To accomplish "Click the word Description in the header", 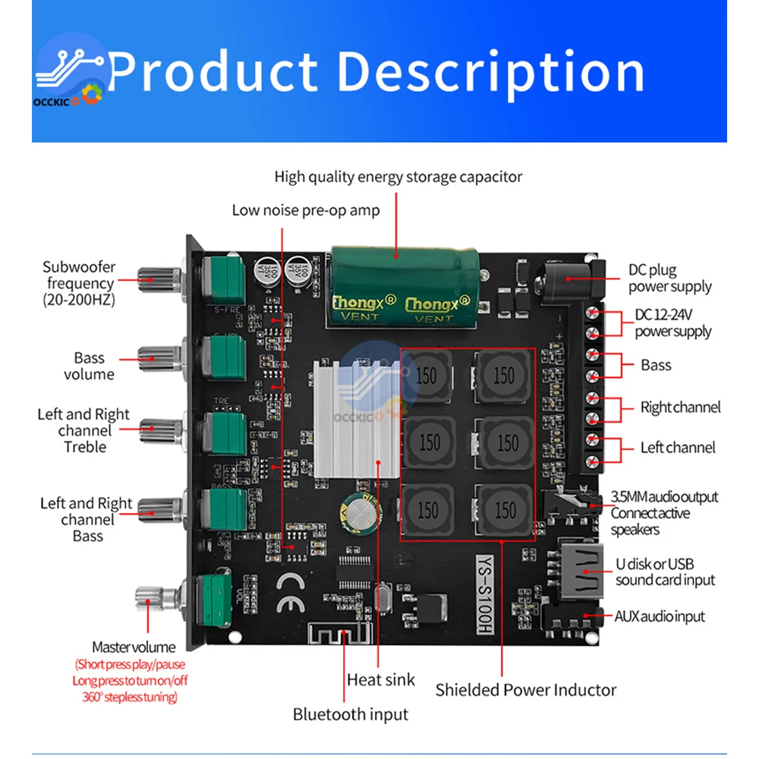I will pyautogui.click(x=490, y=73).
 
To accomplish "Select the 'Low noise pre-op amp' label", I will pyautogui.click(x=306, y=209).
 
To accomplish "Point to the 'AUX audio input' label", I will pyautogui.click(x=660, y=616).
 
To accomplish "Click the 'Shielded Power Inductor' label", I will pyautogui.click(x=526, y=690).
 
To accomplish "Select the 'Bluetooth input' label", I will pyautogui.click(x=351, y=714).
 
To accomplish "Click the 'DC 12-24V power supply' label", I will pyautogui.click(x=673, y=323).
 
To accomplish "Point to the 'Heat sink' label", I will pyautogui.click(x=381, y=679).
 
